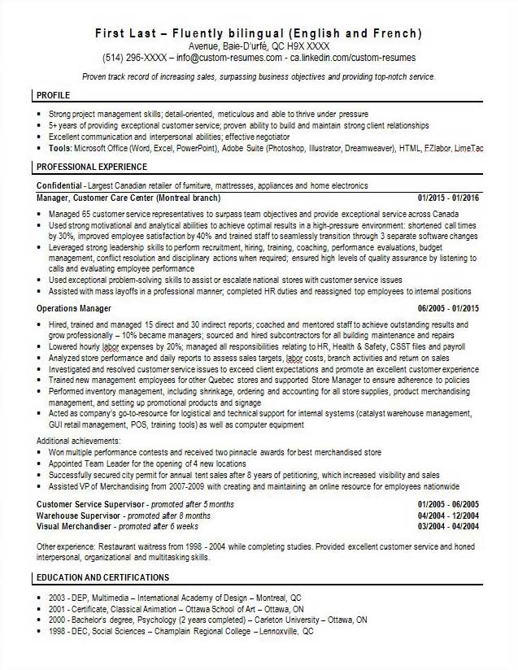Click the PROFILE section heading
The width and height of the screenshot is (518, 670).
(54, 95)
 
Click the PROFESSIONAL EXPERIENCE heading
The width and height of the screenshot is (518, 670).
(91, 167)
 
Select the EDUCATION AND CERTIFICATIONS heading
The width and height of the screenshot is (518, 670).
(102, 577)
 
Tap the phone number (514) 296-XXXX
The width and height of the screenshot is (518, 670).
(134, 59)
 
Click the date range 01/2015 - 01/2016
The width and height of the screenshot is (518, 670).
(448, 198)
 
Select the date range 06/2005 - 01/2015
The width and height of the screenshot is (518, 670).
(448, 309)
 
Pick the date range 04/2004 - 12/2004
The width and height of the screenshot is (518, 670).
(448, 516)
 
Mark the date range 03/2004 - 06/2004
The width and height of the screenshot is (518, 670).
(448, 525)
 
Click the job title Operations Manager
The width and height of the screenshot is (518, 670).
(75, 309)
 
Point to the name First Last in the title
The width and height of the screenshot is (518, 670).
(130, 33)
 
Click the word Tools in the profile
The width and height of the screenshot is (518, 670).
(59, 150)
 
